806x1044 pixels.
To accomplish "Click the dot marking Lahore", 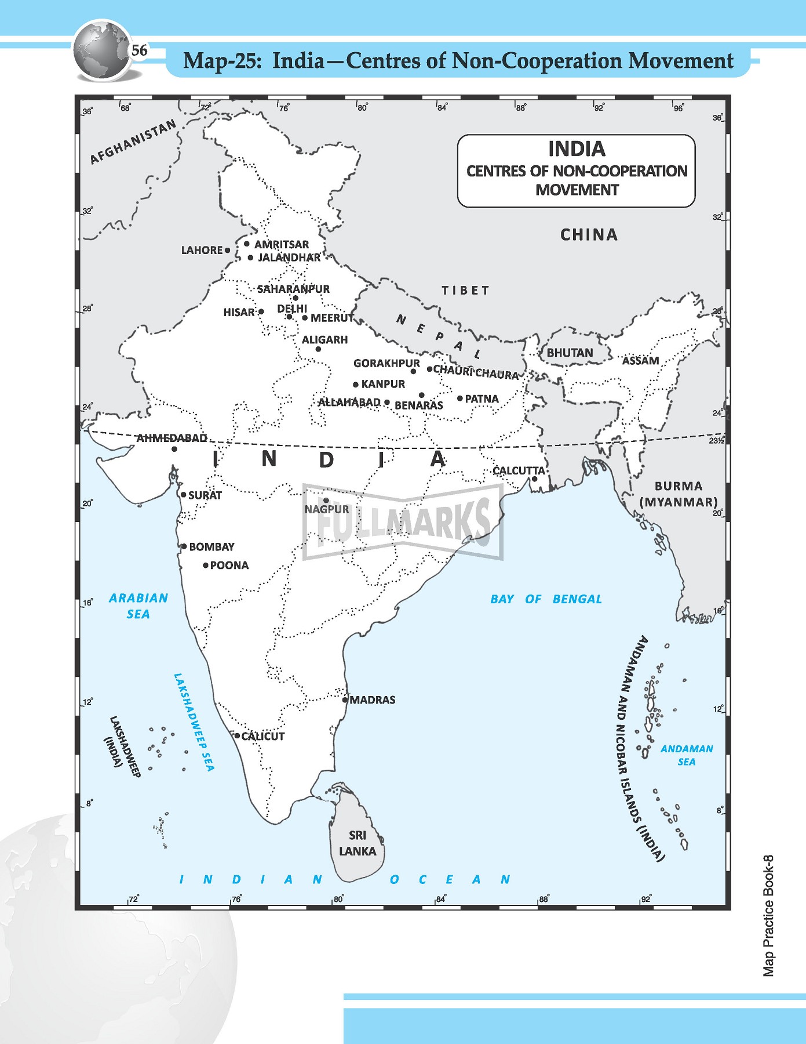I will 228,251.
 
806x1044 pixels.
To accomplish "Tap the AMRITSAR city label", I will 282,245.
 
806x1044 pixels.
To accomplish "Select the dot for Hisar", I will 261,312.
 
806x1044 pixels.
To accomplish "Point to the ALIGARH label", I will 324,340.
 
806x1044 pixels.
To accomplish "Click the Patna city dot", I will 459,398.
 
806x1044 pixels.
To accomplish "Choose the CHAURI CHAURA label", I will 476,372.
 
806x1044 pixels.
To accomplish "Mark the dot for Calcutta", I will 534,479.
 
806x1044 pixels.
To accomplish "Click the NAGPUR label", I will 327,509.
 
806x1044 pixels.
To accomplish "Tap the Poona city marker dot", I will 205,565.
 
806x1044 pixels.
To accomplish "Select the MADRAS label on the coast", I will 373,700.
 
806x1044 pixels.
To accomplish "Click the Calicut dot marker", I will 237,735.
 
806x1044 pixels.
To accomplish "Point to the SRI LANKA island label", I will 358,843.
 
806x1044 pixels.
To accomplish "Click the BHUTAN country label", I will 570,353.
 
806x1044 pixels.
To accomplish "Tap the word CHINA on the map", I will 589,235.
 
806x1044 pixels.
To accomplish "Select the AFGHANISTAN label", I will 133,142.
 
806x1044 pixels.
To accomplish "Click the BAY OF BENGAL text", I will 546,599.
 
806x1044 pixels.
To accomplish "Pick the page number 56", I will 139,50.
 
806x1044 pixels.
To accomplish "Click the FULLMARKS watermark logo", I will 403,522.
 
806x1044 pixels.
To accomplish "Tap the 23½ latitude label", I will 716,441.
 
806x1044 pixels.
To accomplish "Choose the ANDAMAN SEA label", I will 687,755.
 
